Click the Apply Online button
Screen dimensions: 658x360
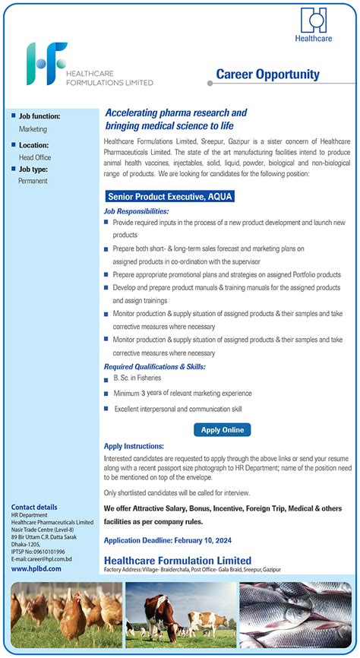pyautogui.click(x=223, y=430)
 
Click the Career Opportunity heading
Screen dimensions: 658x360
pyautogui.click(x=267, y=74)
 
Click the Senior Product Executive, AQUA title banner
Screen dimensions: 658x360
pyautogui.click(x=169, y=196)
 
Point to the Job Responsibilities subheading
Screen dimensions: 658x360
pyautogui.click(x=137, y=210)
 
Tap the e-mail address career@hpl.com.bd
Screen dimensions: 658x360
pyautogui.click(x=42, y=558)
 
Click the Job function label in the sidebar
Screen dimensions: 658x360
pyautogui.click(x=39, y=116)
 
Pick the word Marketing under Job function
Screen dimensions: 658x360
pyautogui.click(x=33, y=129)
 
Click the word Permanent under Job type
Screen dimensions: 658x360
pyautogui.click(x=33, y=181)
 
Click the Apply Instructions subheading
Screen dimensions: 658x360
pyautogui.click(x=134, y=446)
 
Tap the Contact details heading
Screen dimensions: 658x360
pyautogui.click(x=34, y=507)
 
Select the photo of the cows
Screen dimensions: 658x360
pyautogui.click(x=180, y=615)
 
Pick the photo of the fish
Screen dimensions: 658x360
pyautogui.click(x=295, y=615)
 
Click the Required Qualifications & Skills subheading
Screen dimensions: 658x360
pyautogui.click(x=155, y=367)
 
